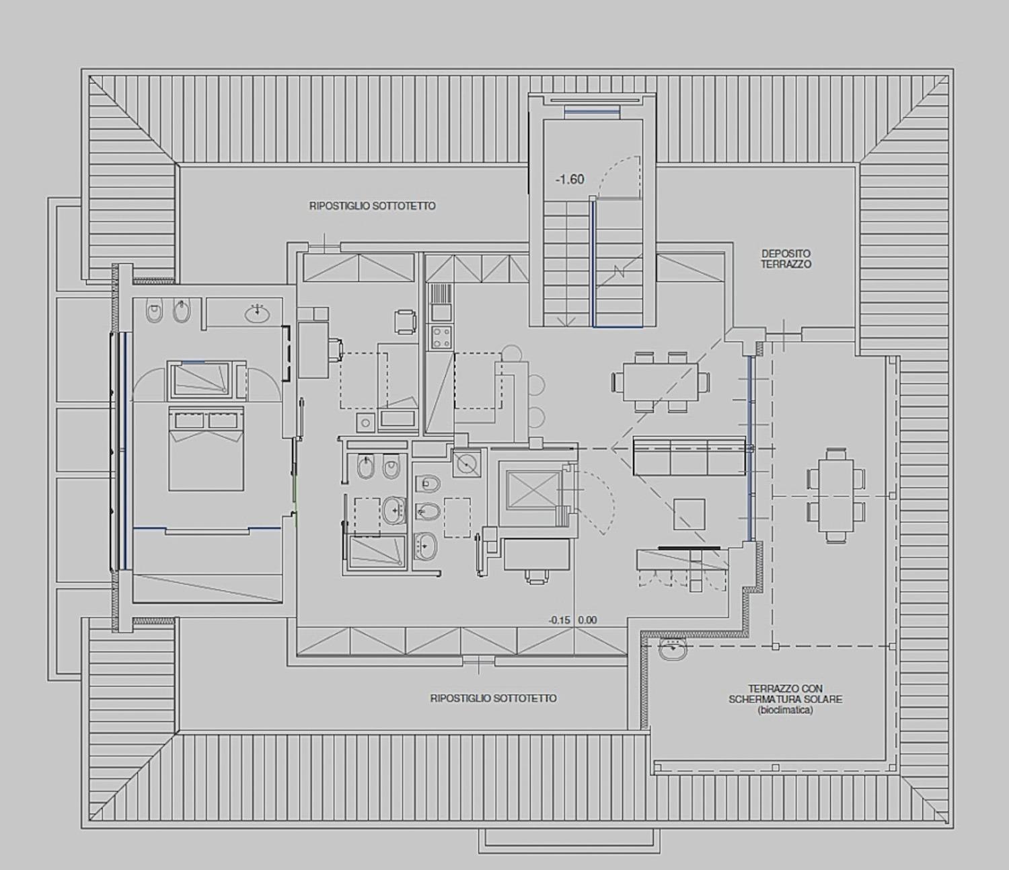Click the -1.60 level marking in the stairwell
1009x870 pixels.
point(570,180)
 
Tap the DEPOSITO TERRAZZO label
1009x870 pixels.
point(786,259)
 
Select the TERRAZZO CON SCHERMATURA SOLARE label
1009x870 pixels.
point(786,700)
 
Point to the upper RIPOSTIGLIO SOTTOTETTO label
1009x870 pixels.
point(373,206)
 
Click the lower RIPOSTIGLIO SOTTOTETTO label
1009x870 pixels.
point(493,698)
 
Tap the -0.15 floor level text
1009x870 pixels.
point(560,620)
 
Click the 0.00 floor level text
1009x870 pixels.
point(588,620)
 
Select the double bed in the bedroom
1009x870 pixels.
point(206,449)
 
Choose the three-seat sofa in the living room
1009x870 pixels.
point(689,456)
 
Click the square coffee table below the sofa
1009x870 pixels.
point(689,514)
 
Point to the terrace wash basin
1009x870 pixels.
point(673,649)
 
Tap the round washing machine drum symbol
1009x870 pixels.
point(468,463)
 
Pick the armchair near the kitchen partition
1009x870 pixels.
point(406,322)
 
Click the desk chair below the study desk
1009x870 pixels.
point(537,577)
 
